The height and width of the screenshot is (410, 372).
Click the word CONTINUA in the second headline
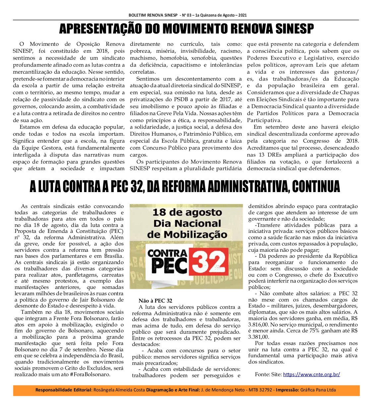(316, 186)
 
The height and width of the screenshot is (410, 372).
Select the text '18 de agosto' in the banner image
(187, 212)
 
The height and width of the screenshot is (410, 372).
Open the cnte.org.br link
(311, 375)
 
